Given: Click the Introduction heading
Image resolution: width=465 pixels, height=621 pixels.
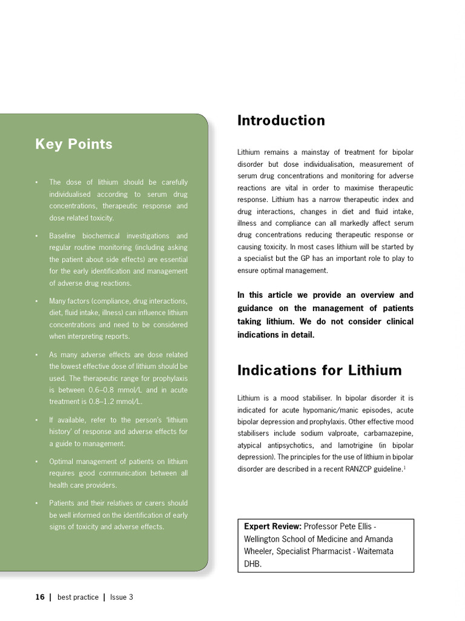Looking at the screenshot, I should [281, 121].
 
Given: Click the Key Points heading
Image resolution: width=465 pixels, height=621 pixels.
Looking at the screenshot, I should [74, 144].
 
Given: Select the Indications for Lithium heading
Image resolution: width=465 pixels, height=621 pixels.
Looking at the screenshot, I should [319, 371].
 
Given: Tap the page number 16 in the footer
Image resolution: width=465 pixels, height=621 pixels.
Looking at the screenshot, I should [40, 597].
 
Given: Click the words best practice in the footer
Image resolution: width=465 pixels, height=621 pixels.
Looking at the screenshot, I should [77, 597].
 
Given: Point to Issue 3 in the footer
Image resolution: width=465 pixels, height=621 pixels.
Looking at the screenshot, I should [122, 597].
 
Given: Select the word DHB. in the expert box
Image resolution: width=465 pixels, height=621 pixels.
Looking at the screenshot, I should [253, 563].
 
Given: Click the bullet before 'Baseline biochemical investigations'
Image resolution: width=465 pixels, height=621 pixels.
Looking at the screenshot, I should [36, 236].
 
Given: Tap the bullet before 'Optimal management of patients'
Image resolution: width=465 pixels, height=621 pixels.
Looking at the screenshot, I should [36, 462].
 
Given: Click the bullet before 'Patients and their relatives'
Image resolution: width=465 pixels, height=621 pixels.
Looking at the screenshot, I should [36, 503].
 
